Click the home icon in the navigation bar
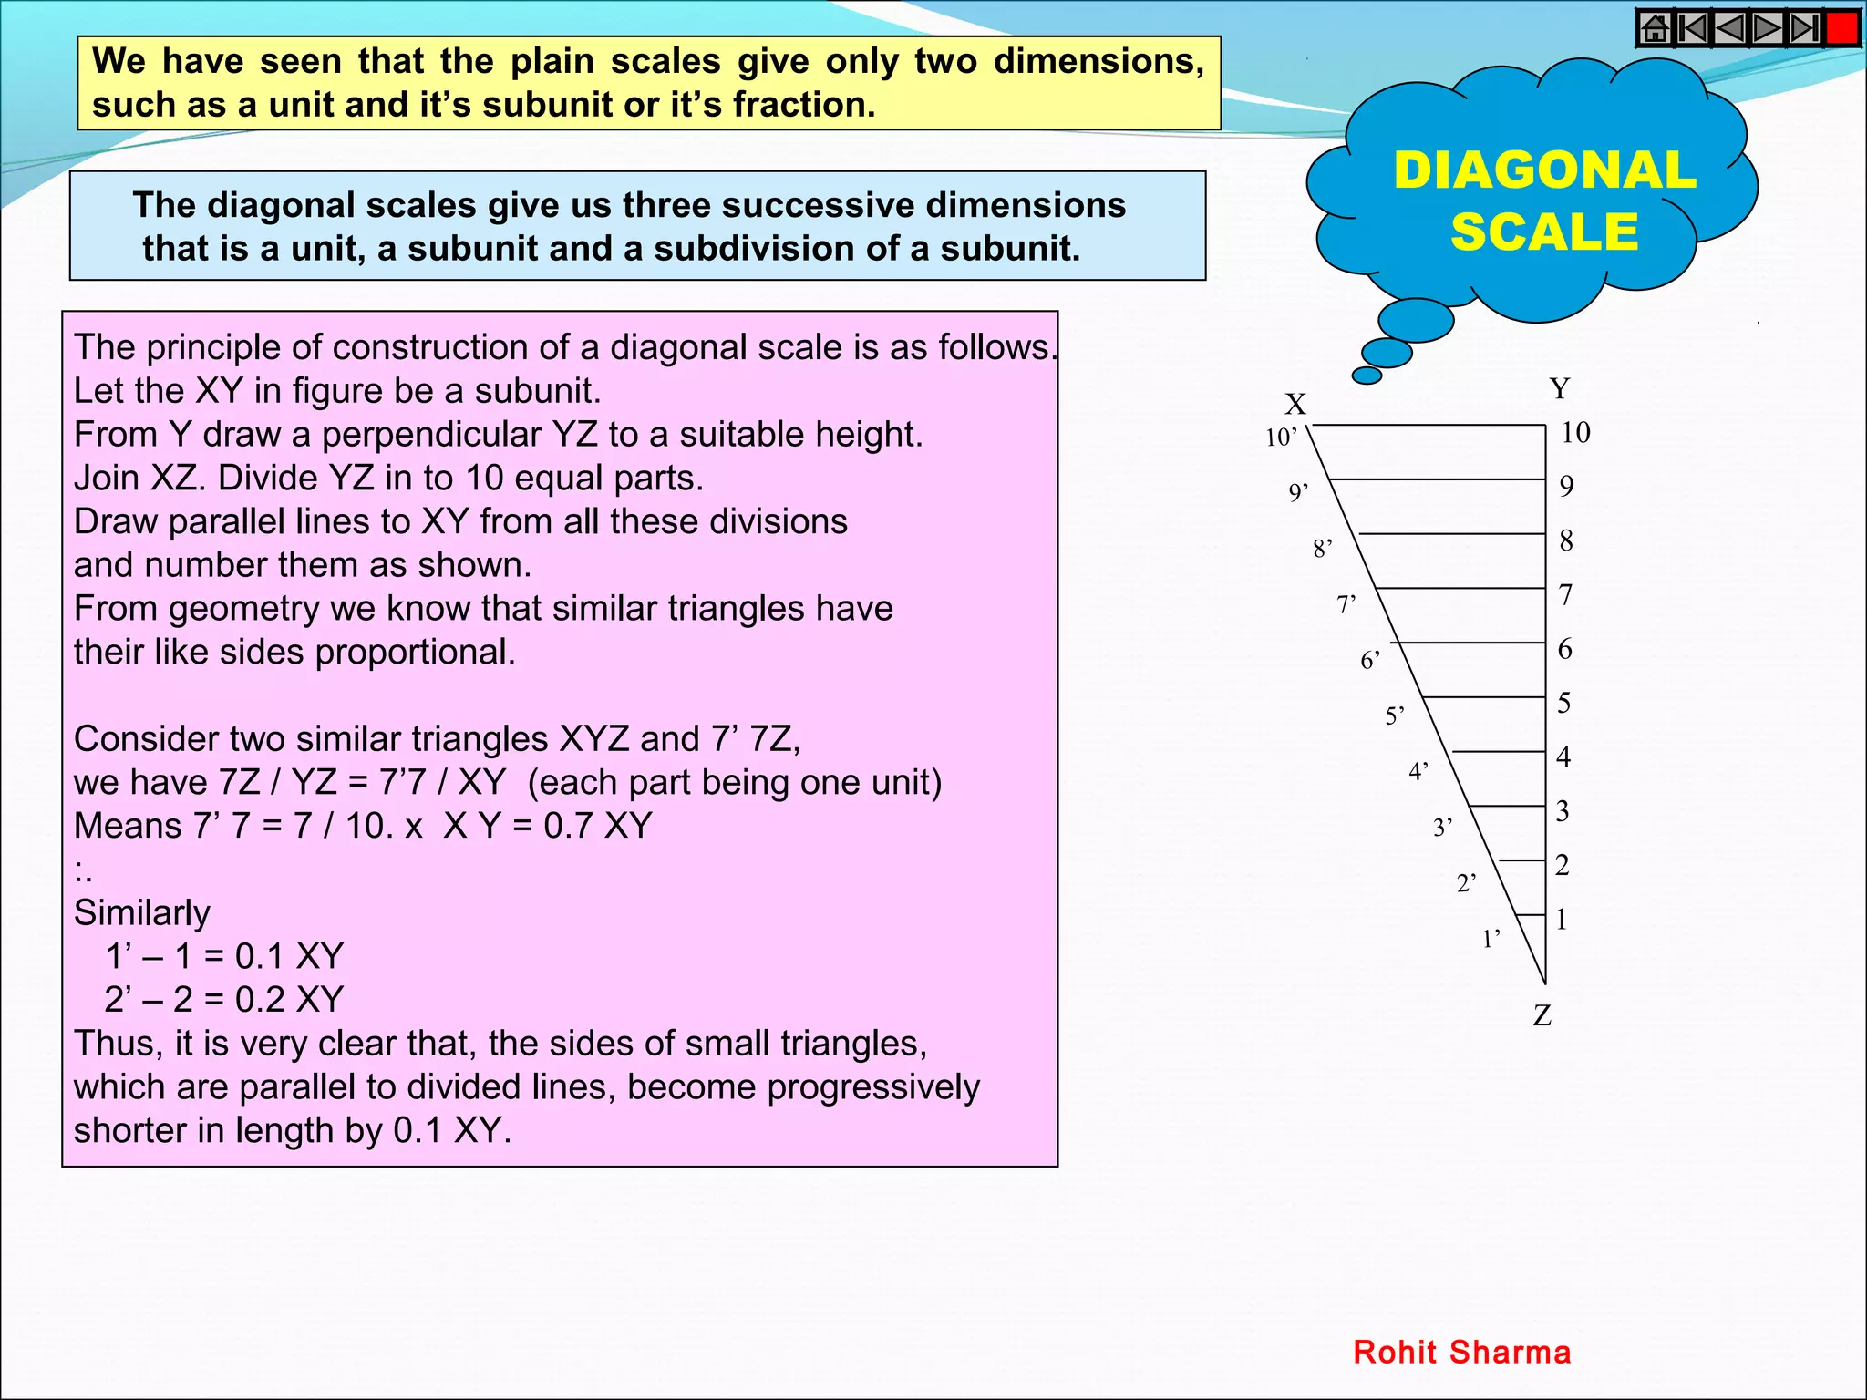1656,28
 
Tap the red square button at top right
1842,28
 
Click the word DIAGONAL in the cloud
1544,170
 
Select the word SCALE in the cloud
1544,232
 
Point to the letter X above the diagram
1295,404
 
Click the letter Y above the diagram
1560,389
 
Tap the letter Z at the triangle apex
1542,1015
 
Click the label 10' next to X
1281,438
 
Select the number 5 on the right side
1564,703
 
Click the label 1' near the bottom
1491,939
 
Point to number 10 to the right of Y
1575,432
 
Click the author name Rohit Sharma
1462,1352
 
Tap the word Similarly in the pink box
141,912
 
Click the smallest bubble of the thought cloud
1367,375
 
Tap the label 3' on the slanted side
1442,828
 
